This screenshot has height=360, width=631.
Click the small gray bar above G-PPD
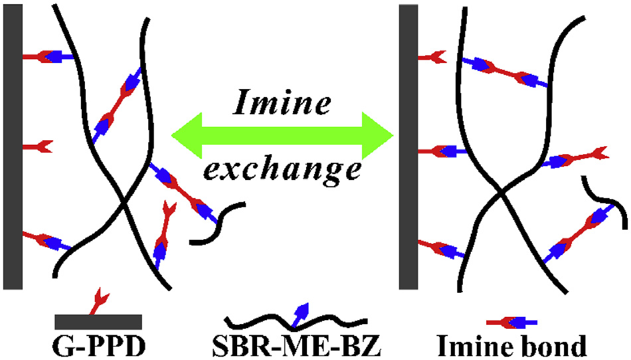(x=98, y=321)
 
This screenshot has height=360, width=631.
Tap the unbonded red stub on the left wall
(x=37, y=145)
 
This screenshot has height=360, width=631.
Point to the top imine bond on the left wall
(x=50, y=57)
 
